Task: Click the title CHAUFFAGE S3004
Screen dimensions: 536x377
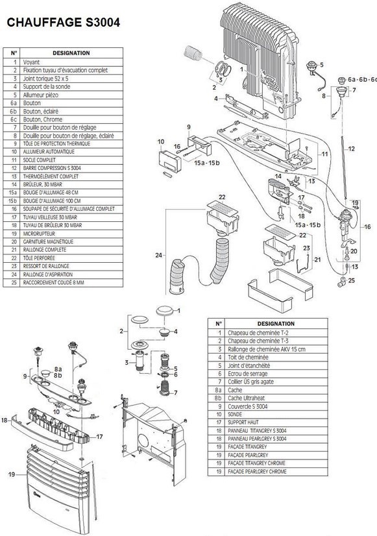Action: [62, 22]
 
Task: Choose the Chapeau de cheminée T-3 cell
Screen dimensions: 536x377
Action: [258, 340]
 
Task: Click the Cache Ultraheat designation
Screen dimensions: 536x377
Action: [249, 399]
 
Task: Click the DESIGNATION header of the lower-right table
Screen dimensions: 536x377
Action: [276, 323]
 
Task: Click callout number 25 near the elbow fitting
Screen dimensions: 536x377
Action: [352, 280]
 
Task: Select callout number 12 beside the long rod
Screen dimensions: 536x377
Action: [351, 149]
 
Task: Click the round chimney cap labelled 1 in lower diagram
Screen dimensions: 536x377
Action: [165, 310]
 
